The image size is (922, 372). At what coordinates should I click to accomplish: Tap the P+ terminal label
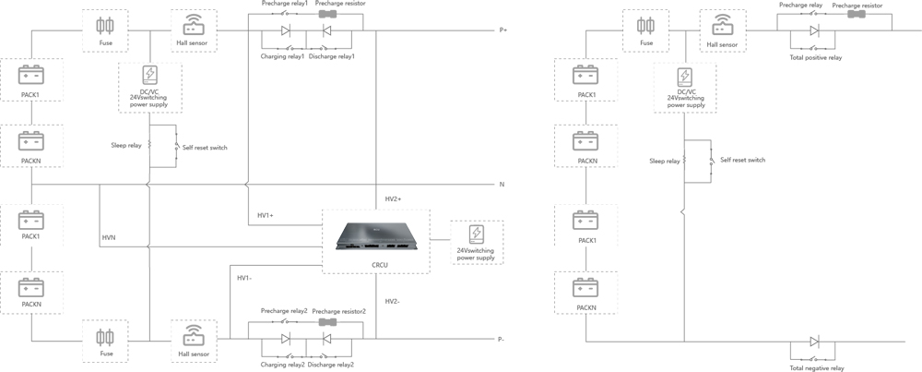[502, 30]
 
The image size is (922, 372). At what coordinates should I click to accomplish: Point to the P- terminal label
[502, 339]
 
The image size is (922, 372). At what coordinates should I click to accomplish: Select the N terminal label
[502, 185]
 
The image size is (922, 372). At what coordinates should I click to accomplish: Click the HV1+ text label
[266, 215]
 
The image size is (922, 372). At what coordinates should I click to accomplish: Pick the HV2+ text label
[393, 199]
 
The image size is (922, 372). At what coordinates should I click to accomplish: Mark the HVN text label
[109, 238]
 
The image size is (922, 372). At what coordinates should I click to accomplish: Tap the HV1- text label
[244, 278]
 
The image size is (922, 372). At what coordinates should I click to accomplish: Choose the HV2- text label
[393, 302]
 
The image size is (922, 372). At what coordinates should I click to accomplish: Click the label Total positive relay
[815, 57]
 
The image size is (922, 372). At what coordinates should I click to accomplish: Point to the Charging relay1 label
[281, 57]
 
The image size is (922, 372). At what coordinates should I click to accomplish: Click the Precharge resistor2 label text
[339, 311]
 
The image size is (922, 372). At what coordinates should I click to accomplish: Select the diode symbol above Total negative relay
[813, 342]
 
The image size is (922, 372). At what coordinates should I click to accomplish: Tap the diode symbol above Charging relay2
[285, 340]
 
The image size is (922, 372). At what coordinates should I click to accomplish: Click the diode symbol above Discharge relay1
[325, 30]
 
